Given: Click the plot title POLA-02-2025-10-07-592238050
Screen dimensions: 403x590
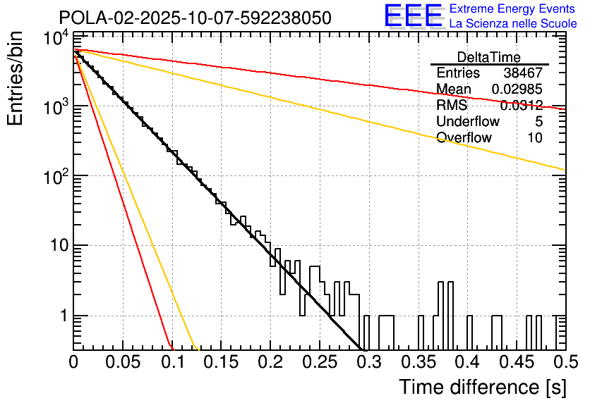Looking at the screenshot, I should pos(195,18).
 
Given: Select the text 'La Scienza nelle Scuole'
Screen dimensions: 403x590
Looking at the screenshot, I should pos(512,23).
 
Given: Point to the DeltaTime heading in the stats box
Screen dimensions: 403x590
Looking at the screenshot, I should pos(489,57).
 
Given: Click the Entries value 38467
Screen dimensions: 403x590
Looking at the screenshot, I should pos(523,73).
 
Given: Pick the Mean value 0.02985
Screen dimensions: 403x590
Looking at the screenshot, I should pos(517,89).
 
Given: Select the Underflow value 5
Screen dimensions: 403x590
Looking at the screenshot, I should pos(538,122).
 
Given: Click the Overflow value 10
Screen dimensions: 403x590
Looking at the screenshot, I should pos(535,138).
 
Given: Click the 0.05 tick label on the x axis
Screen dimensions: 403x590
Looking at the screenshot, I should pos(123,362).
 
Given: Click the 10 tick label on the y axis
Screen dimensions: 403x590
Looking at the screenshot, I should pos(55,246).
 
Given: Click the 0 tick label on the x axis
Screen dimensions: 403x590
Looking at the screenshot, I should pos(73,362).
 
